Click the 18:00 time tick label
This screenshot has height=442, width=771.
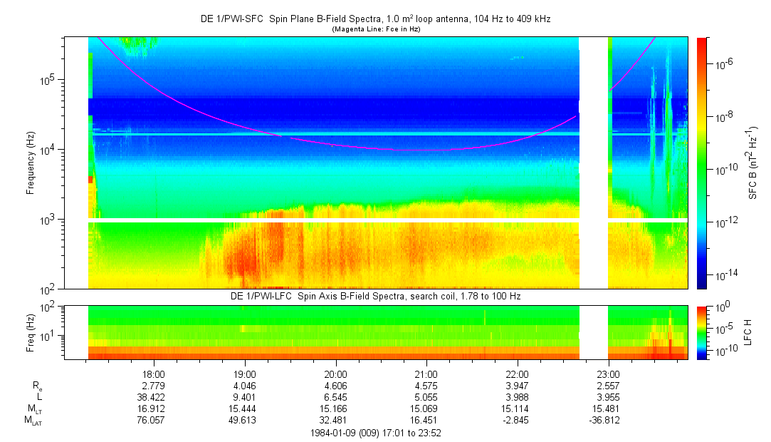click(x=154, y=374)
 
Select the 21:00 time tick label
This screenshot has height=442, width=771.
click(x=426, y=374)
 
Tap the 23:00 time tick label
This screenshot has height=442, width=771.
click(x=608, y=374)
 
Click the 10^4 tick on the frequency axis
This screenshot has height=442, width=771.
click(x=54, y=150)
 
